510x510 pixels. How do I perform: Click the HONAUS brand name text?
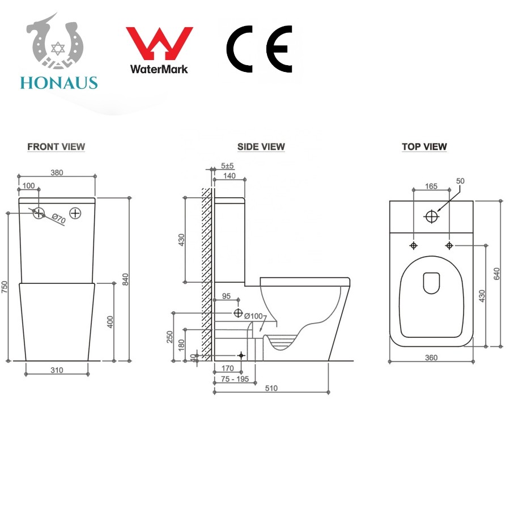(59, 83)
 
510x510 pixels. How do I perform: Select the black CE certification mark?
(259, 49)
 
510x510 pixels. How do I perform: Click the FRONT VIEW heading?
(56, 147)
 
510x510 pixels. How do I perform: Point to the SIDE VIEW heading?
(261, 147)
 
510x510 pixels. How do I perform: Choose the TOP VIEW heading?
(424, 147)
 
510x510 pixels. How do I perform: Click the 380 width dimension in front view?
(57, 172)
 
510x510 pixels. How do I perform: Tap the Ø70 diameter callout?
(59, 219)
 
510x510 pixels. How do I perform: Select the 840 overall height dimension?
(126, 279)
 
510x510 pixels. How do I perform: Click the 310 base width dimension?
(57, 370)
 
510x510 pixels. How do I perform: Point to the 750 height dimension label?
(4, 287)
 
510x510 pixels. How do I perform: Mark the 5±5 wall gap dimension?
(227, 166)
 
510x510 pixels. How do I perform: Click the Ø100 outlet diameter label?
(253, 316)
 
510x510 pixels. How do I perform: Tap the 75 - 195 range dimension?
(235, 379)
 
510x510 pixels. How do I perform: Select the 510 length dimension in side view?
(271, 388)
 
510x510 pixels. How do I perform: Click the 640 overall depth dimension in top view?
(496, 274)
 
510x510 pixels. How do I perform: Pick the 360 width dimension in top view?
(431, 358)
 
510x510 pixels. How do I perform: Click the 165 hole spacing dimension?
(431, 186)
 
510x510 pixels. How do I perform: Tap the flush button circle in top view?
(432, 216)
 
